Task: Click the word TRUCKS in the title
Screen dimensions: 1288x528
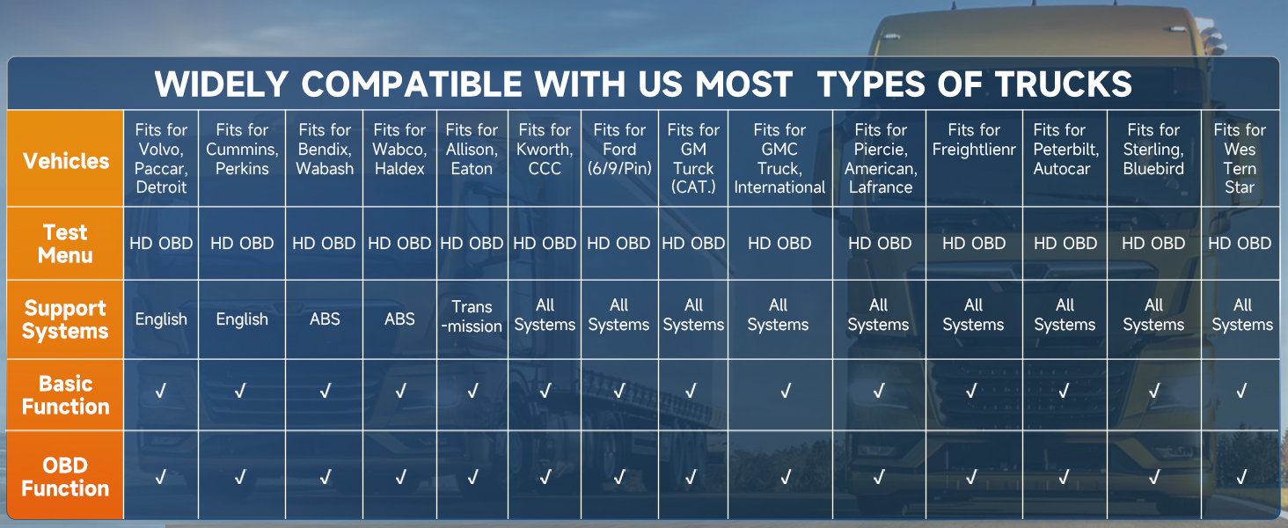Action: click(1064, 84)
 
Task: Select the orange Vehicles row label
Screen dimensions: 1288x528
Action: click(66, 161)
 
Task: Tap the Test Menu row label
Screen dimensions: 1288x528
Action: click(66, 244)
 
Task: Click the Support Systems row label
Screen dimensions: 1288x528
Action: click(65, 319)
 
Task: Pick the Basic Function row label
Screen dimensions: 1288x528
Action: click(66, 395)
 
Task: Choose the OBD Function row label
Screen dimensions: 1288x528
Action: click(65, 477)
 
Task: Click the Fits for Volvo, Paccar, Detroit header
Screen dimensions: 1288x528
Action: click(161, 158)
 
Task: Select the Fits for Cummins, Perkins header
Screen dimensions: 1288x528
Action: click(242, 149)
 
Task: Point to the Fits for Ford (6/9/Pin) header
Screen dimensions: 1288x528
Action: click(619, 149)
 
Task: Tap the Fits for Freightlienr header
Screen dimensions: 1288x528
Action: click(974, 140)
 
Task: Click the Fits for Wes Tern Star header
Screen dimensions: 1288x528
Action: click(1240, 158)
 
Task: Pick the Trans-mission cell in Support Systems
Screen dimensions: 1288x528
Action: click(472, 316)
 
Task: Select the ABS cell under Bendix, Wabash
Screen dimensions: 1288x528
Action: click(325, 319)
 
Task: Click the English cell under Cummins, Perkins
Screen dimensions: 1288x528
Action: click(242, 319)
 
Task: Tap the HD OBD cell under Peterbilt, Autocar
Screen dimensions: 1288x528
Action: click(1065, 243)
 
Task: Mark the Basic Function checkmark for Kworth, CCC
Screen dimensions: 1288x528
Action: click(545, 391)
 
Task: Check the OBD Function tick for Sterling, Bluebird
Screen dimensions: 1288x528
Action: click(1153, 477)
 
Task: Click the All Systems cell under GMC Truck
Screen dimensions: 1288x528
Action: click(778, 315)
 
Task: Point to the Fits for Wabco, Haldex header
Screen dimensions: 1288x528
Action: click(399, 149)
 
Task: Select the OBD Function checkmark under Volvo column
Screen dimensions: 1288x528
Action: click(160, 477)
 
